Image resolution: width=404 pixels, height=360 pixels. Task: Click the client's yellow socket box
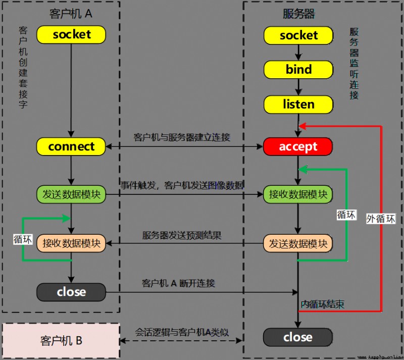click(71, 34)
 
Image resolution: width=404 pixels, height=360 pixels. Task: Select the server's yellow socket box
click(298, 35)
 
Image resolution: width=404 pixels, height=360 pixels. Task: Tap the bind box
click(298, 70)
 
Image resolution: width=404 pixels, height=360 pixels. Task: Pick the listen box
click(298, 105)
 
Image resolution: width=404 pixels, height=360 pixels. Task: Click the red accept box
click(298, 146)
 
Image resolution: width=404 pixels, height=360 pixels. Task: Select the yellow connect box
click(71, 146)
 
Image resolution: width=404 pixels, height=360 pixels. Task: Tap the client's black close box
click(71, 292)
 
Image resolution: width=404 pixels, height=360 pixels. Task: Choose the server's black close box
click(298, 337)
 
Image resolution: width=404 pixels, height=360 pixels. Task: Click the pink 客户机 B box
click(61, 340)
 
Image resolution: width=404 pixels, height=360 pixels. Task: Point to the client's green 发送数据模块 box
click(71, 194)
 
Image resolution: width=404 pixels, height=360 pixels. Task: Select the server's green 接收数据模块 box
click(298, 194)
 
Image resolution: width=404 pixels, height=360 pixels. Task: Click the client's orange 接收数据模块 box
click(71, 243)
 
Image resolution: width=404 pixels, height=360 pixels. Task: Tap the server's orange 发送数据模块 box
click(298, 243)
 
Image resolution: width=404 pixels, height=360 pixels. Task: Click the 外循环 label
click(381, 219)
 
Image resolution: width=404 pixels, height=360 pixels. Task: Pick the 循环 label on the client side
click(23, 239)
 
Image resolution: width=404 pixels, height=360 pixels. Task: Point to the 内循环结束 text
click(322, 304)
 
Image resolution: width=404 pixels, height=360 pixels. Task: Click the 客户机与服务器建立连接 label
click(182, 137)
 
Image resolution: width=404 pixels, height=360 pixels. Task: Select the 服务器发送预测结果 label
click(182, 235)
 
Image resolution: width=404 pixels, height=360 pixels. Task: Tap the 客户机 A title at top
click(71, 14)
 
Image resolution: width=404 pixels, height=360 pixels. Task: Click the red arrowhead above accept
click(302, 126)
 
